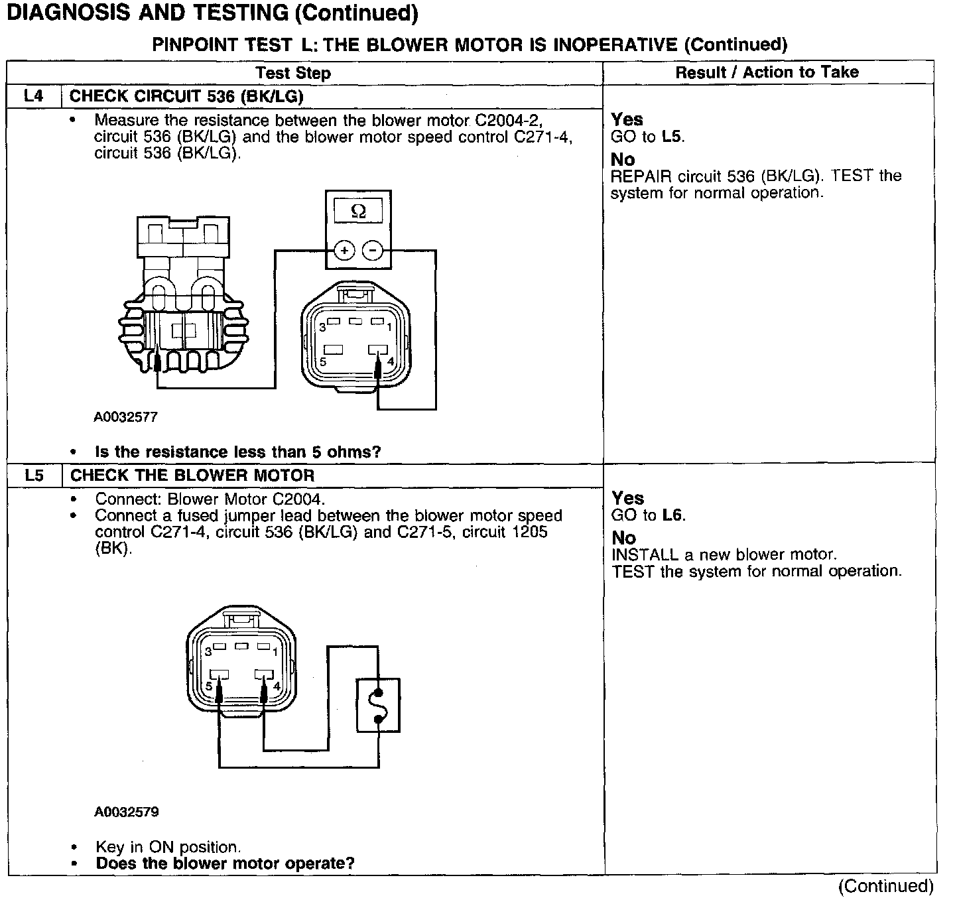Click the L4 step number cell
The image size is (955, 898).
(33, 96)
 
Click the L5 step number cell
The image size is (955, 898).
(34, 475)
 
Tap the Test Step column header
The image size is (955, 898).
(293, 73)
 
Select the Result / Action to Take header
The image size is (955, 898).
(767, 72)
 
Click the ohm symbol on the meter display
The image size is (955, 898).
(357, 212)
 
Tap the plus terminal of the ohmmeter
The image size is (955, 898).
(344, 251)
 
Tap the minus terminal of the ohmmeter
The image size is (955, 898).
(373, 251)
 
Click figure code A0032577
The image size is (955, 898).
(125, 417)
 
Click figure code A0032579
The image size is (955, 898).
(126, 812)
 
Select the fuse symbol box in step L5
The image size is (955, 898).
(378, 705)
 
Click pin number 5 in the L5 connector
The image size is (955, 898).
(209, 686)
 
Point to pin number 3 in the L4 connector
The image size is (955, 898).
(322, 327)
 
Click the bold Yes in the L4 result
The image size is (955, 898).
(627, 119)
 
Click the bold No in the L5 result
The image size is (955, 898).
(623, 538)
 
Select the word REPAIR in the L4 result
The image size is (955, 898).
(641, 176)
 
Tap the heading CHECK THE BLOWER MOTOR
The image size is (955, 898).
(192, 475)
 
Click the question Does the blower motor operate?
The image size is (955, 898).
(225, 864)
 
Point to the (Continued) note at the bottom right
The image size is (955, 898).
(885, 886)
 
